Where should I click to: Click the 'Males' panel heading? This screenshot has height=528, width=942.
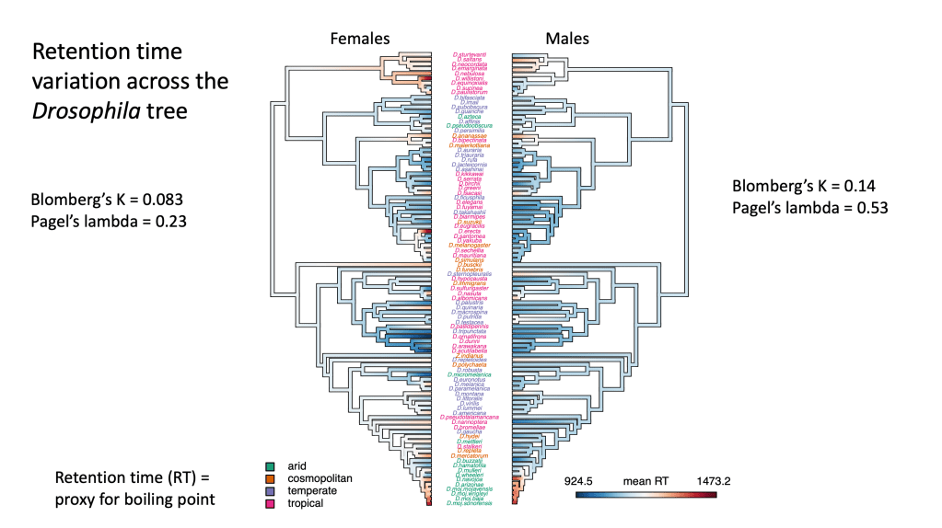point(567,39)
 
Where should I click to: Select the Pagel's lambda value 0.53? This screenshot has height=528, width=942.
point(869,208)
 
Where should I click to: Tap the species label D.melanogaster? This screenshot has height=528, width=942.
point(471,245)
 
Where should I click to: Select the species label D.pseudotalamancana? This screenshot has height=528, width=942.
point(471,417)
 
